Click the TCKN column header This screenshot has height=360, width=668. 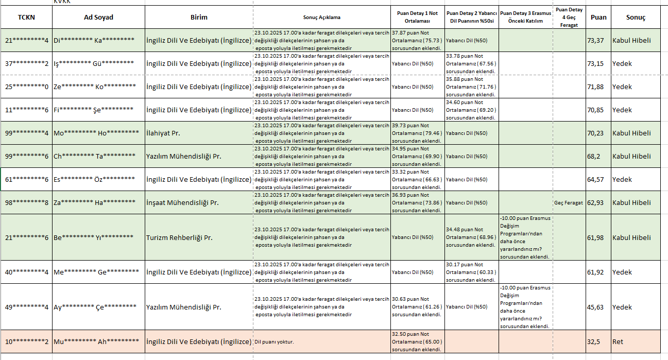[26, 17]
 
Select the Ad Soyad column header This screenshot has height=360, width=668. [98, 17]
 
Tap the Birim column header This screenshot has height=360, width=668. [199, 17]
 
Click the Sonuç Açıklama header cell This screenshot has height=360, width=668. [322, 18]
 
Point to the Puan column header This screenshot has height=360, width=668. [598, 17]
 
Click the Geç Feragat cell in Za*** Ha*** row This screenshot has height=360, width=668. [569, 203]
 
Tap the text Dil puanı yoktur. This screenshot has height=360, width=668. [275, 342]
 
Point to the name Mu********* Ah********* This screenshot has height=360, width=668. [96, 341]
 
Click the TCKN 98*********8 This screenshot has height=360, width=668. [27, 203]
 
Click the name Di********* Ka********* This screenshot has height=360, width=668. [94, 41]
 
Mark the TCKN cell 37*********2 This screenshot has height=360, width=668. [27, 64]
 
